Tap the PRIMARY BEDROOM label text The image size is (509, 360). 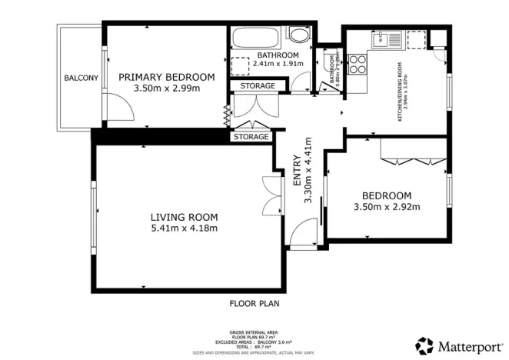[x=166, y=77]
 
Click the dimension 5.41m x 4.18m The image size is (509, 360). [x=184, y=228]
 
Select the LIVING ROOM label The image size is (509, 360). [x=184, y=216]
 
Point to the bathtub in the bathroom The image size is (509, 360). [x=255, y=37]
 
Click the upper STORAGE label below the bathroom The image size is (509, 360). [x=252, y=85]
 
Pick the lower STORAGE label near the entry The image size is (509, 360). [x=251, y=137]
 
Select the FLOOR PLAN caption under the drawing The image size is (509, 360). [x=254, y=303]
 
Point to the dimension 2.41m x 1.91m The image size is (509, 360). [x=278, y=64]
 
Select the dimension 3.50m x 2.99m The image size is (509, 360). [x=166, y=88]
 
